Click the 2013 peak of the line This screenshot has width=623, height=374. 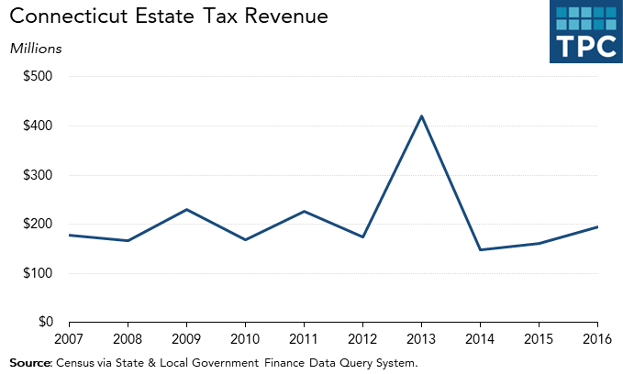tap(422, 115)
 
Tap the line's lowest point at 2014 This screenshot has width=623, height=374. tap(481, 249)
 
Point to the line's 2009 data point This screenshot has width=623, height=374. tap(187, 209)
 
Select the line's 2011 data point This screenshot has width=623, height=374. tap(305, 211)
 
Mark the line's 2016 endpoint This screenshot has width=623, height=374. tap(598, 226)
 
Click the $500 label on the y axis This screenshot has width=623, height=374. tap(39, 76)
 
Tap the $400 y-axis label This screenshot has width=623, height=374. tap(39, 126)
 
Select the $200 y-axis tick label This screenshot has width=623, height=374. tap(39, 224)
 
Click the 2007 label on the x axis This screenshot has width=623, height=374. tap(70, 339)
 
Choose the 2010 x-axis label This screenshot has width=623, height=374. tap(246, 339)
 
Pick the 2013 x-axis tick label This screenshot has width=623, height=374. tap(422, 339)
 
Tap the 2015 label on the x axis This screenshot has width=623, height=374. tap(540, 339)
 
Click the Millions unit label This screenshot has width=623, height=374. tap(36, 48)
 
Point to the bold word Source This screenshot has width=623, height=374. tap(30, 363)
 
